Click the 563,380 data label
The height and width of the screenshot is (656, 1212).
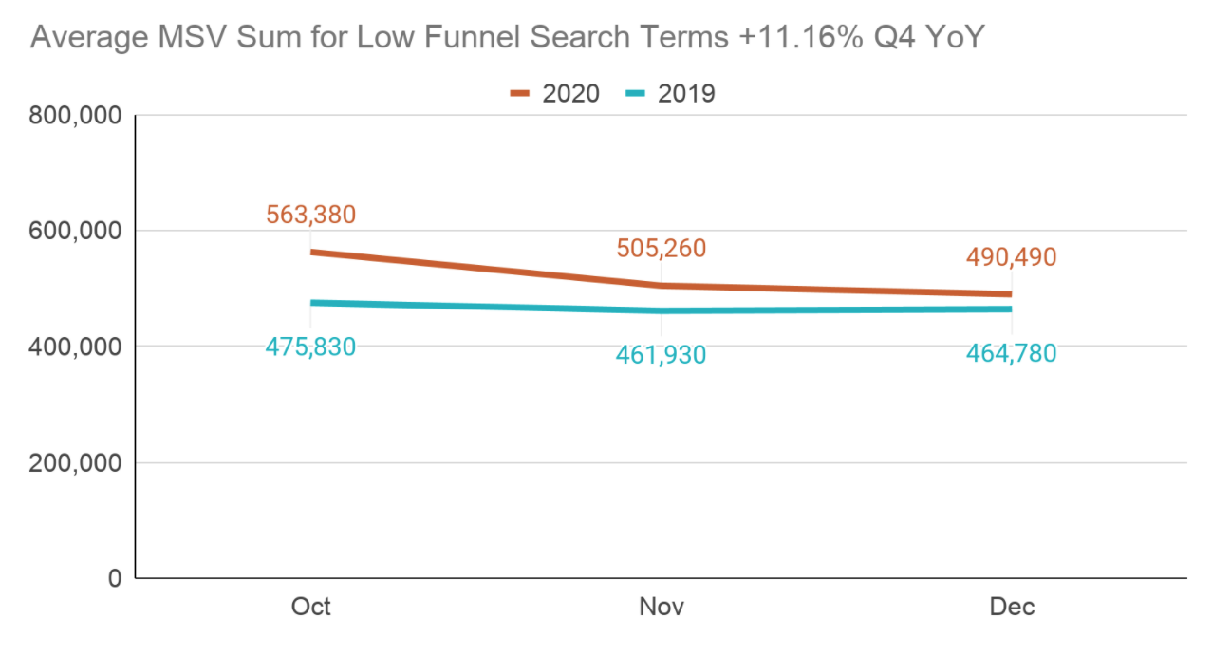[x=310, y=215]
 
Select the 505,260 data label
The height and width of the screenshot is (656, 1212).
[x=661, y=249]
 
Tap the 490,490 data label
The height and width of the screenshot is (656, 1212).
[x=1011, y=257]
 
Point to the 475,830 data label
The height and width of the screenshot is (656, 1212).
[x=310, y=347]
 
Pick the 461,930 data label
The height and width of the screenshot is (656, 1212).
[x=661, y=355]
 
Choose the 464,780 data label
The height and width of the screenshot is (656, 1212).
[x=1011, y=353]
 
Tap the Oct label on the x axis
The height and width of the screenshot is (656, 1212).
[x=310, y=607]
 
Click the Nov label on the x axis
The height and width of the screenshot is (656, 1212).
[x=661, y=607]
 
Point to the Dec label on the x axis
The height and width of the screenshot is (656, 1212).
[x=1011, y=607]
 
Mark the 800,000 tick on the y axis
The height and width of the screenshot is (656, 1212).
[x=76, y=117]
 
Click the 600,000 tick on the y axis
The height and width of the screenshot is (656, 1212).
[x=76, y=232]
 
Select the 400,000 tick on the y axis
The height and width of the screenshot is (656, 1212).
[x=76, y=347]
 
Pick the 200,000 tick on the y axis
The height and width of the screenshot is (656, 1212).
[x=76, y=463]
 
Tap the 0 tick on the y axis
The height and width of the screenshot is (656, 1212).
[x=115, y=578]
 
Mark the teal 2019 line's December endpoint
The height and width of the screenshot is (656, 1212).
[x=1011, y=309]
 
